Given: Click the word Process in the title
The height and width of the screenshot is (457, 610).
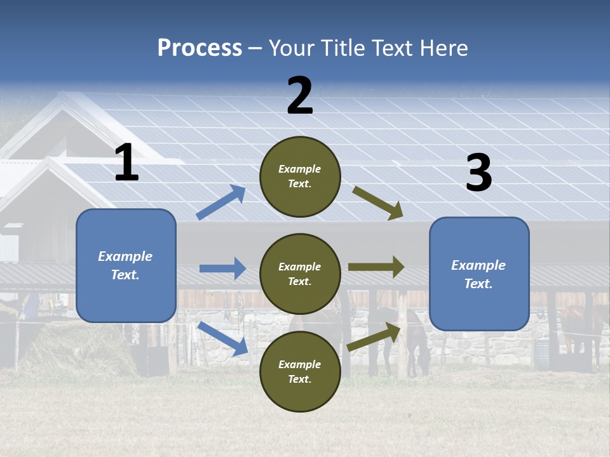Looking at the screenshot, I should [200, 48].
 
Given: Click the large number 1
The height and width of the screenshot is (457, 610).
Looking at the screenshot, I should [126, 163].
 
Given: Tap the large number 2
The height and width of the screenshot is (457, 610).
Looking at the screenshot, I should [300, 96].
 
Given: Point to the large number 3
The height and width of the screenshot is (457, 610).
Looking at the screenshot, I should [478, 173].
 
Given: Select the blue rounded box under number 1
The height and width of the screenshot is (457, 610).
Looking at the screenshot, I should [126, 265].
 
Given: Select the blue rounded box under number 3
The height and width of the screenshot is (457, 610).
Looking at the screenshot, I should [479, 274].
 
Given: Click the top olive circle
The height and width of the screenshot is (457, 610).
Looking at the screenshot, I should [300, 176].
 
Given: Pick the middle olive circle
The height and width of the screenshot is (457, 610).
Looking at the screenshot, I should [300, 274].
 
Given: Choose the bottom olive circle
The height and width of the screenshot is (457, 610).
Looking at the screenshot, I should [300, 371].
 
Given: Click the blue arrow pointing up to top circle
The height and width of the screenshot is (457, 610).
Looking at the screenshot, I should [221, 202].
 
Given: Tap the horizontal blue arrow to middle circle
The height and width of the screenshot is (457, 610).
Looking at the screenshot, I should [222, 268].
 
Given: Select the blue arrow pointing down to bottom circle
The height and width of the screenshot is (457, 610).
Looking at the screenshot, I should [222, 338].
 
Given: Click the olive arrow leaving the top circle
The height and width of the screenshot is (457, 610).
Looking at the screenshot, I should [378, 203].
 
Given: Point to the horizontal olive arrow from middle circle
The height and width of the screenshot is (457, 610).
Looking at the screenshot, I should [376, 267].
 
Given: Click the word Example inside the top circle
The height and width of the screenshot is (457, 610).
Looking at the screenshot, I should [300, 169].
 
